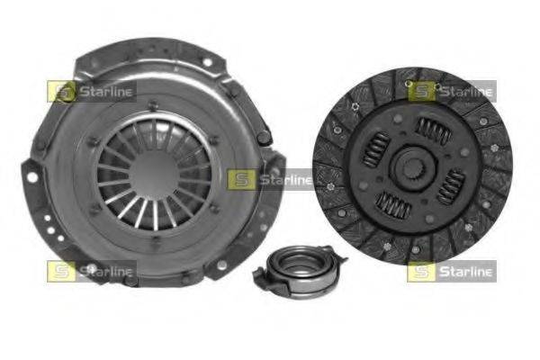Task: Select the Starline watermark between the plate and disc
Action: click(270, 180)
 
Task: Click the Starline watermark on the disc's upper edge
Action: click(452, 91)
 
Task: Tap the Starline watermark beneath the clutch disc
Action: click(452, 272)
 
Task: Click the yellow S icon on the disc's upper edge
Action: click(421, 91)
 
